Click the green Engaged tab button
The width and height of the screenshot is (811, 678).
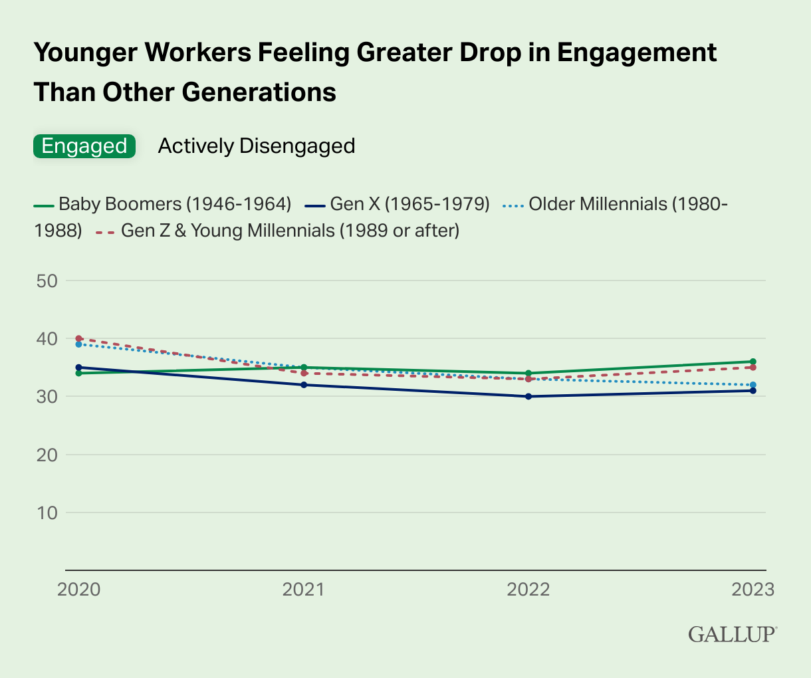point(84,146)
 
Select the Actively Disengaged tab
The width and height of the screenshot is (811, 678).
point(256,146)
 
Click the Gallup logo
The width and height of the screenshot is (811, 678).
point(733,633)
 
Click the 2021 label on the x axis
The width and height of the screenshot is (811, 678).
point(303,590)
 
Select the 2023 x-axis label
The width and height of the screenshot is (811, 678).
point(753,590)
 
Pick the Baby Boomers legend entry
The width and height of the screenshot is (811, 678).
point(163,203)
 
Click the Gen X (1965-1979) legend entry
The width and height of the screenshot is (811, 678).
point(397,203)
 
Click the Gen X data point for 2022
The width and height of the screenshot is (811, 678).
point(528,396)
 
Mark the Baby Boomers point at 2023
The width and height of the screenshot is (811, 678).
point(753,362)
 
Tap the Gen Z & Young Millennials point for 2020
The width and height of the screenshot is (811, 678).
point(79,338)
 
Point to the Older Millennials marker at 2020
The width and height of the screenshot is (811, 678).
point(79,344)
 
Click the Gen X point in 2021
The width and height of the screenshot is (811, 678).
point(304,385)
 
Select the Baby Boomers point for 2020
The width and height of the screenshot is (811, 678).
point(79,373)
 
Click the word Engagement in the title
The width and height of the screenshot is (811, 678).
point(636,53)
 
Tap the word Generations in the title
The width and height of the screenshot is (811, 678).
point(259,92)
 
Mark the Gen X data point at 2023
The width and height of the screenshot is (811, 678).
point(753,391)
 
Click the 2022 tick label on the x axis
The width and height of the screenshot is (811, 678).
point(528,590)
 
